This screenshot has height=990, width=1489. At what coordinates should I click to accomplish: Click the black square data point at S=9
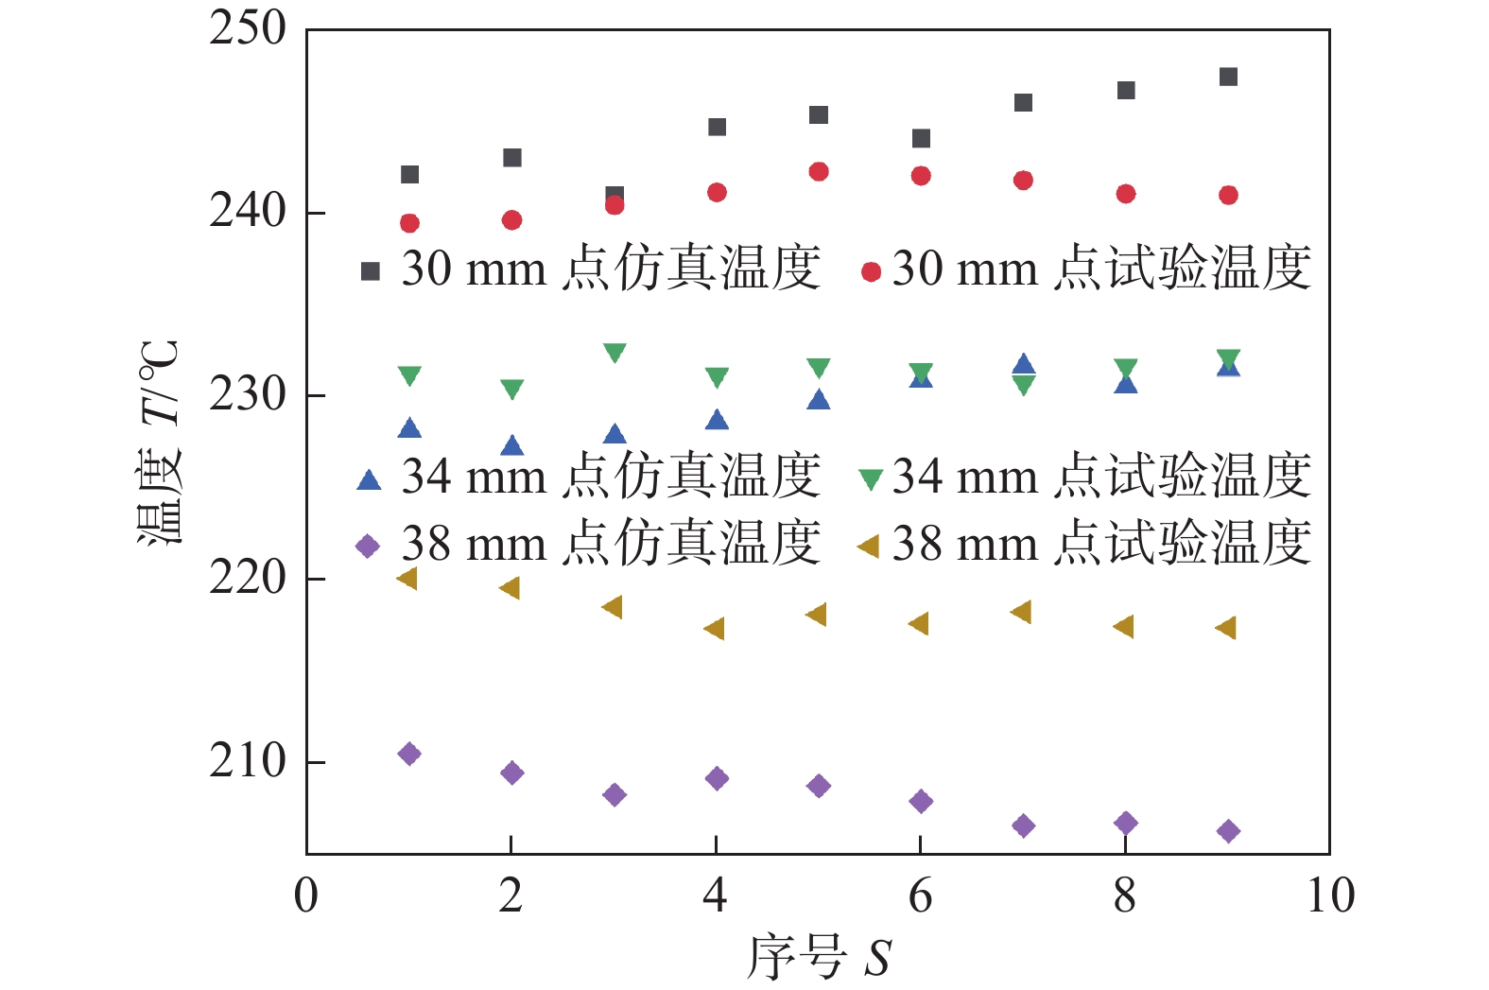click(x=1228, y=77)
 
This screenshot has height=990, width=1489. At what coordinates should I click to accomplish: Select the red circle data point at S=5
click(x=819, y=171)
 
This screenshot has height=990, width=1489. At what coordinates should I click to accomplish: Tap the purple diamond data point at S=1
click(x=409, y=754)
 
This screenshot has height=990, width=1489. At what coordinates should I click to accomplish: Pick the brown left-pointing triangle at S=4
click(x=715, y=629)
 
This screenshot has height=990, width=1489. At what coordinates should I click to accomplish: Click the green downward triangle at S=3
click(x=615, y=353)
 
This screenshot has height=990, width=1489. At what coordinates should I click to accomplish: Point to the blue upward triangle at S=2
click(x=511, y=445)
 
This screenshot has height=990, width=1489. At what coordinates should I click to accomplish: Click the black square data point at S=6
click(x=921, y=139)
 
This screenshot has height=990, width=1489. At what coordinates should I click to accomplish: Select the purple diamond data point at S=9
click(x=1228, y=831)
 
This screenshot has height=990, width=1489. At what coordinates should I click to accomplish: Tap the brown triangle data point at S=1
click(x=407, y=579)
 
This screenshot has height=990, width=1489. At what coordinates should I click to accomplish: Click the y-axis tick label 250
click(x=248, y=29)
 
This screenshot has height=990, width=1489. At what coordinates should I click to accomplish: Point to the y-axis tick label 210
click(x=248, y=761)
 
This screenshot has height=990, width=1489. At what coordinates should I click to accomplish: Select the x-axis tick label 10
click(x=1330, y=895)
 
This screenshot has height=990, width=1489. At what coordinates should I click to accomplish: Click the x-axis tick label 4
click(x=716, y=895)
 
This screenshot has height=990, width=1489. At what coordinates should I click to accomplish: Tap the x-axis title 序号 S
click(x=819, y=958)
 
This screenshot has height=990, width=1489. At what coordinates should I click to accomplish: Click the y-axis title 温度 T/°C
click(x=159, y=442)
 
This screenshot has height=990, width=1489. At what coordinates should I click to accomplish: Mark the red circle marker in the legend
click(x=871, y=272)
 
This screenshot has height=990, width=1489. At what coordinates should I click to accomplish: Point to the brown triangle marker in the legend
click(x=868, y=546)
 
